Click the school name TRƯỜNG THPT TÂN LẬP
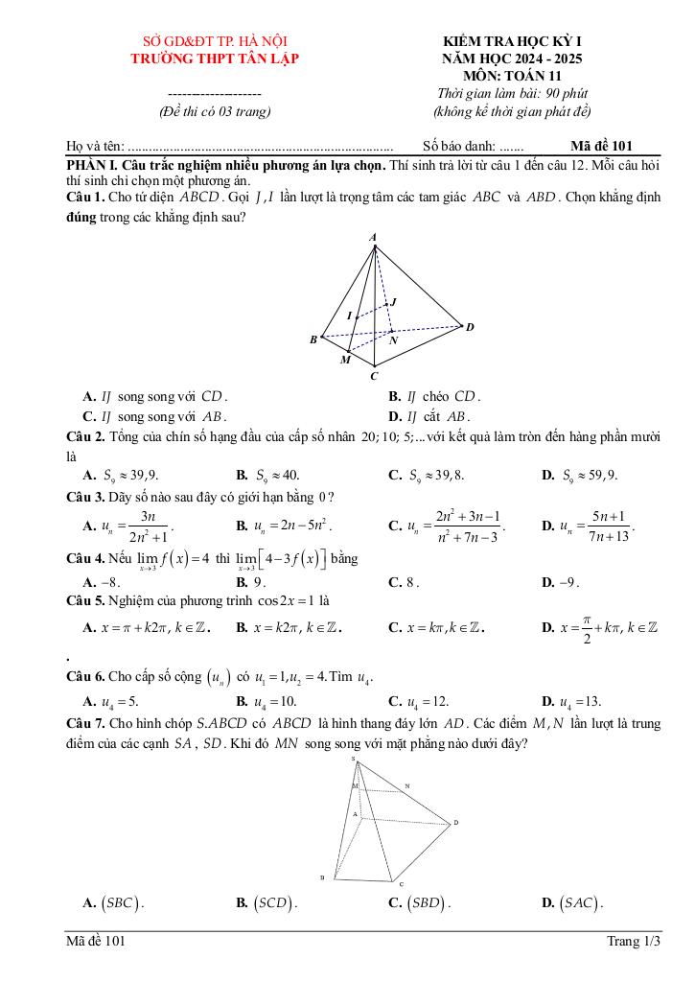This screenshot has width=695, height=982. point(215,58)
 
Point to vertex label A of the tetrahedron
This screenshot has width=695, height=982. point(373,236)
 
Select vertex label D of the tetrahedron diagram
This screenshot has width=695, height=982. point(470,328)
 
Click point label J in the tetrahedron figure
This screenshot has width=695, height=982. point(394,302)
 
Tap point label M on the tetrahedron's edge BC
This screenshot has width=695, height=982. point(345,361)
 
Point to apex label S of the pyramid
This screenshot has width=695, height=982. point(353,760)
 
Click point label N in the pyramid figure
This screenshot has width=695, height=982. point(406,785)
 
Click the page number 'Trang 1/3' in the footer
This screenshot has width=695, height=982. point(634,942)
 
